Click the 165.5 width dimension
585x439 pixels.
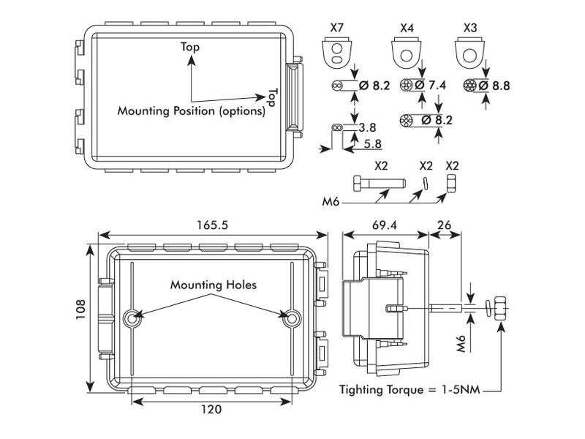point(212,225)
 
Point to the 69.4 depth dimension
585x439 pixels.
point(384,225)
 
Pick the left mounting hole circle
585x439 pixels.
point(132,318)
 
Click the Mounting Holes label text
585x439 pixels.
point(214,285)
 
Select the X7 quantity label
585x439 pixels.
point(337,28)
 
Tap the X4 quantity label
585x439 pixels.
point(407,28)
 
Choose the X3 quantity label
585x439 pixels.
point(471,28)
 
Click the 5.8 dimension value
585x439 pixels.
point(373,146)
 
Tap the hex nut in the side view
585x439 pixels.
point(501,307)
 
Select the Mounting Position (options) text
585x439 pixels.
point(191,111)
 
